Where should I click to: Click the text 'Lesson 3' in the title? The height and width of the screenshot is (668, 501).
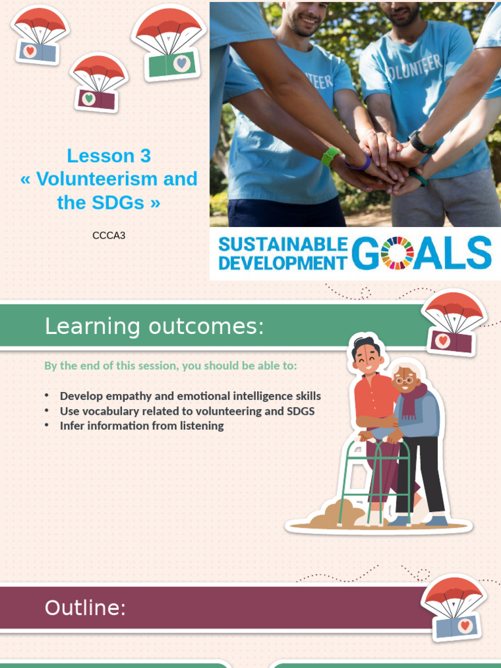108,156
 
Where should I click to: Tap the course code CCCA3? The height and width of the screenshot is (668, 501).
108,235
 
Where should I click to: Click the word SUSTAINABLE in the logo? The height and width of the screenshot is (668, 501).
282,244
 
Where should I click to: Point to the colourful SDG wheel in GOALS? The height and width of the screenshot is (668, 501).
397,253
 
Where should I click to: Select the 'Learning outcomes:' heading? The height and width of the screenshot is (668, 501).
154,326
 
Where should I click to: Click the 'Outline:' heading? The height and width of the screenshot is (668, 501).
85,608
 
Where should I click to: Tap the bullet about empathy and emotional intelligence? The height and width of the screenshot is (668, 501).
190,396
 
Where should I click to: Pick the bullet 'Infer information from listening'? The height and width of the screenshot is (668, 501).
142,425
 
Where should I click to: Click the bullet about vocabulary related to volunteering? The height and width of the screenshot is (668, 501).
187,411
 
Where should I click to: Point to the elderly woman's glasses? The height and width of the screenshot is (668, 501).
404,380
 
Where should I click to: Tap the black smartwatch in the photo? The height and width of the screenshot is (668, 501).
421,142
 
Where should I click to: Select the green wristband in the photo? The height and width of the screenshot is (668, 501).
329,156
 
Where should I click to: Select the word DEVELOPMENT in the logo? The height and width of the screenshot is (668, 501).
282,262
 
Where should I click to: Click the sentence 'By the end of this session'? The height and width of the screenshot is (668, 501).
170,365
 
